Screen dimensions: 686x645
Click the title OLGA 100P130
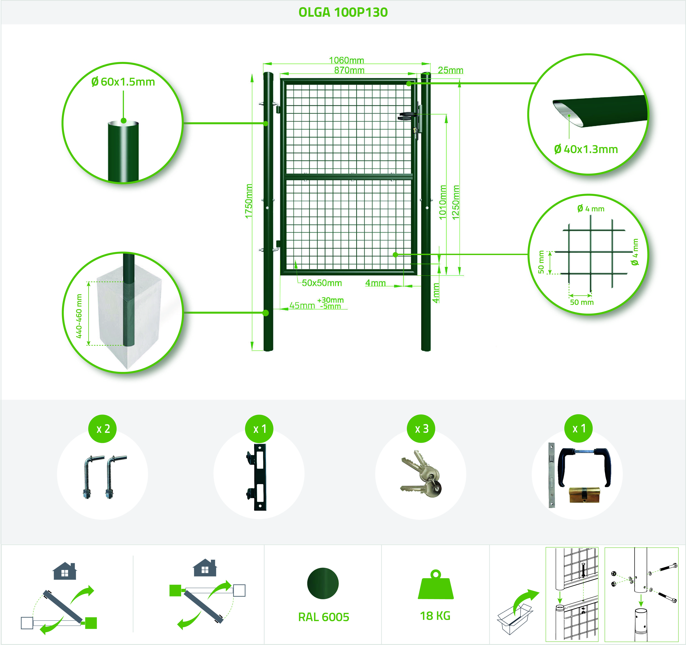click(x=343, y=12)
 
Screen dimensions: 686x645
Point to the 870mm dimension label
click(x=349, y=70)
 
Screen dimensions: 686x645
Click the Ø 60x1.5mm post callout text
click(x=123, y=82)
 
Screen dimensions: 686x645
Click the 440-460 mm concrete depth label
click(x=79, y=316)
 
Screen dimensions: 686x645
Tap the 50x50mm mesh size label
click(x=322, y=283)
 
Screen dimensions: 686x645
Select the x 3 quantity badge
click(x=421, y=428)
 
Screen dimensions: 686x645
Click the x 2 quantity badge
click(x=103, y=428)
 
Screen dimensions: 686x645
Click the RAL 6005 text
click(x=324, y=617)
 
